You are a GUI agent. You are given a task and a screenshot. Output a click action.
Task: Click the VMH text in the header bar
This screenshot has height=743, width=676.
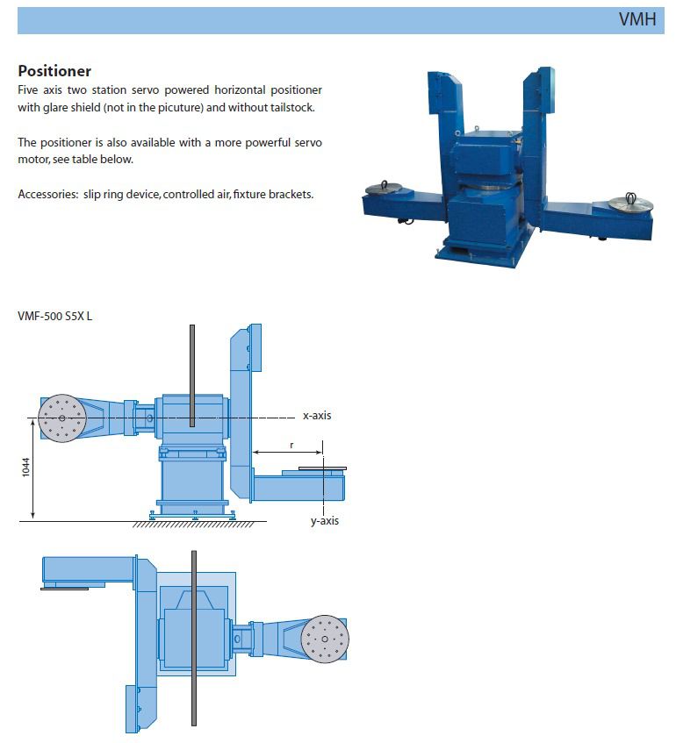[637, 19]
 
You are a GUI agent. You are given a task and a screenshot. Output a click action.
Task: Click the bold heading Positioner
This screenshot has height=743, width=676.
[54, 71]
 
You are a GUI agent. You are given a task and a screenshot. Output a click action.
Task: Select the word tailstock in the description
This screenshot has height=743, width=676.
[292, 108]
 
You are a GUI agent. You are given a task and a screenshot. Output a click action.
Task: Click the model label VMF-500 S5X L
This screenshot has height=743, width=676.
[55, 316]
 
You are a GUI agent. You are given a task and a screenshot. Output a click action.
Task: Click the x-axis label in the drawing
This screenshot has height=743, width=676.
[317, 416]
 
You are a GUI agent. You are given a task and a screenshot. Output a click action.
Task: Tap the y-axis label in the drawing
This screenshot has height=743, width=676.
[325, 521]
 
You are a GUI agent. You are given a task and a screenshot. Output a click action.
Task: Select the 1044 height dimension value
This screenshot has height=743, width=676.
[25, 468]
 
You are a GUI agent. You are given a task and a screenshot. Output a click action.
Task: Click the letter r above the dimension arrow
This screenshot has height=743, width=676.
[291, 445]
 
